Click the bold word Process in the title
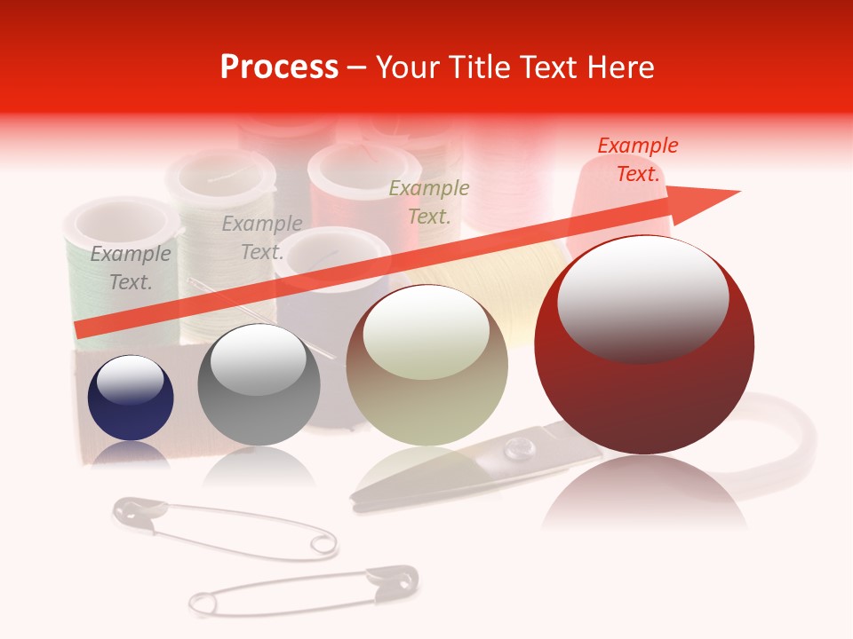279,67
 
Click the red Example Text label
638,160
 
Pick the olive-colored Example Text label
429,202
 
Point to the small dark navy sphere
131,398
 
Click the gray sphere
258,384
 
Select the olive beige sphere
426,365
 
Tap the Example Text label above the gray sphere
262,238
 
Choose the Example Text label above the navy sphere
131,268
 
